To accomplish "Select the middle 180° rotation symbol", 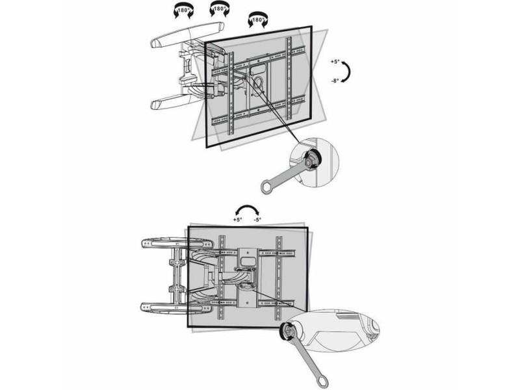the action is (x=219, y=10).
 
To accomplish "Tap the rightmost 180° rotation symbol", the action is (x=257, y=20).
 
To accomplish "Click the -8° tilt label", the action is (x=335, y=81).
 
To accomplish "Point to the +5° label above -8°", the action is (x=335, y=62).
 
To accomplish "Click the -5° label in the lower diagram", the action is (x=257, y=220).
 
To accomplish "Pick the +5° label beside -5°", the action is (x=237, y=220).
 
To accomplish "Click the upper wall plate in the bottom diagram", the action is (x=177, y=242).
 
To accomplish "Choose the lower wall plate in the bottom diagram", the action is (x=177, y=307).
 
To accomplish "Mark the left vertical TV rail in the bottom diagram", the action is (x=222, y=278).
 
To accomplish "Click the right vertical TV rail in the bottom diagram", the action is (x=279, y=278).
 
